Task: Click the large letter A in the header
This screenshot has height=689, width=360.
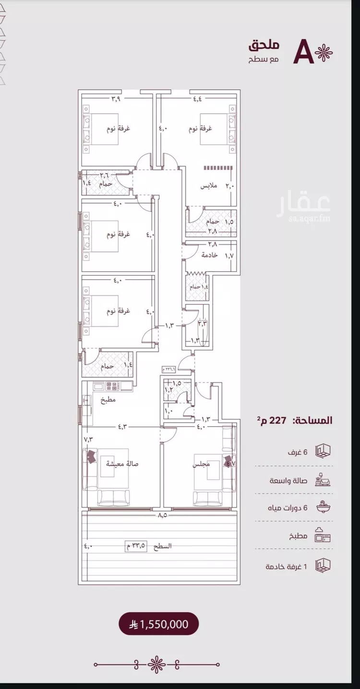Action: [304, 52]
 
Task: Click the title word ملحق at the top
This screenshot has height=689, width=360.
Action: [264, 47]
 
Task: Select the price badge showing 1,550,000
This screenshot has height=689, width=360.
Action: [158, 624]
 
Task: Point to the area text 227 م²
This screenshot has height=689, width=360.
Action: [274, 420]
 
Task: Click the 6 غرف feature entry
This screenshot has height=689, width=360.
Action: [298, 452]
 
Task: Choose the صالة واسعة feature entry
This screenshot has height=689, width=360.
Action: [288, 480]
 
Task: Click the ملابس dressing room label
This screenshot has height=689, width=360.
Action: [209, 186]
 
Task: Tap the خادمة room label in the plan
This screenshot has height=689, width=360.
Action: [209, 255]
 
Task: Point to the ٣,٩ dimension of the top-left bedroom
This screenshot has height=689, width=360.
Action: [116, 99]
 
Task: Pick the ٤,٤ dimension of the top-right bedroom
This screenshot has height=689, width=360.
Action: [198, 99]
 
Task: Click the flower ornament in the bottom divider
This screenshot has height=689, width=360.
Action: [156, 665]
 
